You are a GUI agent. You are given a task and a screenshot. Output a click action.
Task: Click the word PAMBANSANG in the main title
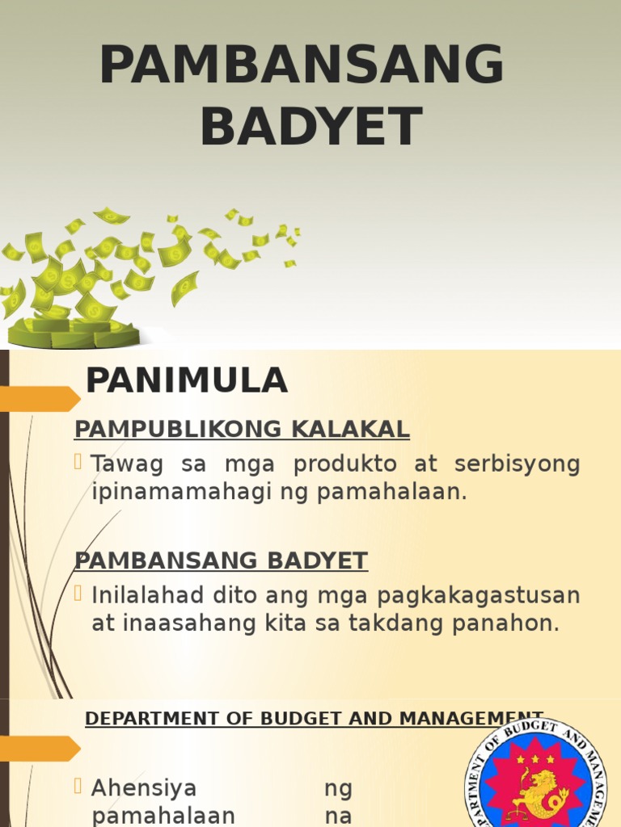click(x=302, y=65)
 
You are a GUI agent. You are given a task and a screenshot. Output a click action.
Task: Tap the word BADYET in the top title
click(x=311, y=127)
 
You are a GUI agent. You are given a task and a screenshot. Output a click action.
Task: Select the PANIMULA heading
click(x=187, y=380)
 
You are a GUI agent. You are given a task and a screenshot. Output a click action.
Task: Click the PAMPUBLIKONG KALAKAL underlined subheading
click(x=242, y=430)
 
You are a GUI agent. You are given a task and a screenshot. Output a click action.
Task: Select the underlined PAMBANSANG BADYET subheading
click(x=221, y=560)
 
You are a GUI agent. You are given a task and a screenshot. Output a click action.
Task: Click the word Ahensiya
click(x=143, y=787)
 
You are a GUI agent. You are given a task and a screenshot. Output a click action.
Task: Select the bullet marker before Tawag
click(x=78, y=463)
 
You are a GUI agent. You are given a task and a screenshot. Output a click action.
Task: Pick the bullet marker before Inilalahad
click(x=78, y=594)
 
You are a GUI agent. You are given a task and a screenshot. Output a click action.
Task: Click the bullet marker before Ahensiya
click(x=78, y=786)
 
